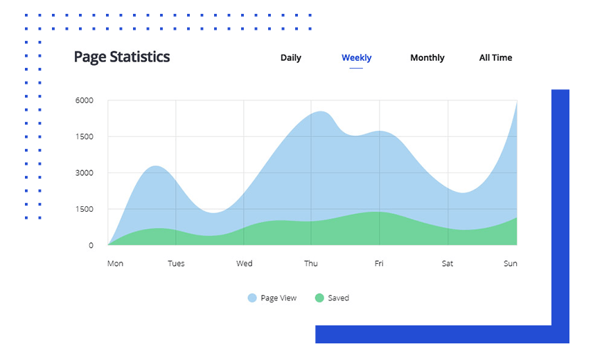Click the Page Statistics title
(x=122, y=57)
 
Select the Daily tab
(x=291, y=57)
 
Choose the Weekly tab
(x=356, y=57)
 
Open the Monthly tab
(x=427, y=57)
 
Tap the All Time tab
(x=495, y=57)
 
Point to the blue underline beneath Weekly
(x=356, y=68)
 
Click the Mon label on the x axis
(x=115, y=263)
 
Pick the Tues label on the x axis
(x=176, y=263)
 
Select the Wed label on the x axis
(x=244, y=263)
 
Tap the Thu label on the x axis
(x=311, y=263)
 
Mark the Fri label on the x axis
(x=379, y=263)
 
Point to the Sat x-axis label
(x=448, y=263)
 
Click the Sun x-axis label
(x=510, y=263)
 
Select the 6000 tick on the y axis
(x=85, y=100)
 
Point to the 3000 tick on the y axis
(x=85, y=173)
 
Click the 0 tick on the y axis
(x=91, y=245)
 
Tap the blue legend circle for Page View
(x=252, y=298)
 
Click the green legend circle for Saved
(x=319, y=298)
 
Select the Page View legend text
(x=278, y=298)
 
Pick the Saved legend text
(x=338, y=298)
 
